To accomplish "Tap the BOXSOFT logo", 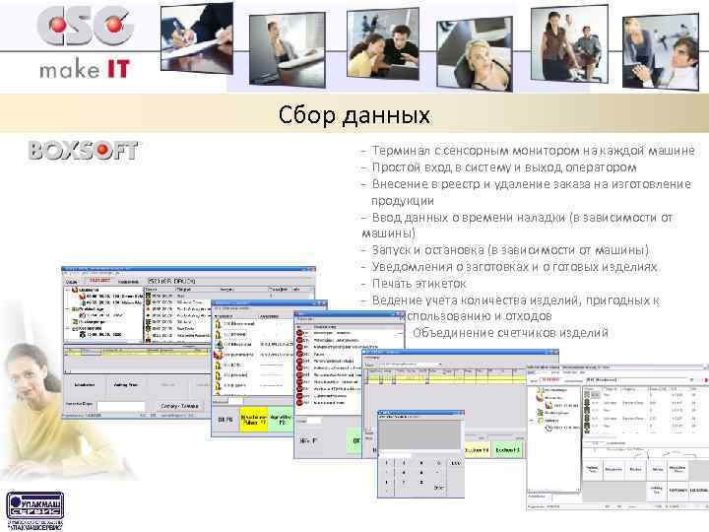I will coord(84,151).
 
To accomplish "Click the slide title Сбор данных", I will coord(355,116).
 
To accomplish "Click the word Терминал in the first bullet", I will coord(404,151).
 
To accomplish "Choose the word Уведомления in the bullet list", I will coord(414,267).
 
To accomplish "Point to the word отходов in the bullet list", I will coord(523,316).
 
